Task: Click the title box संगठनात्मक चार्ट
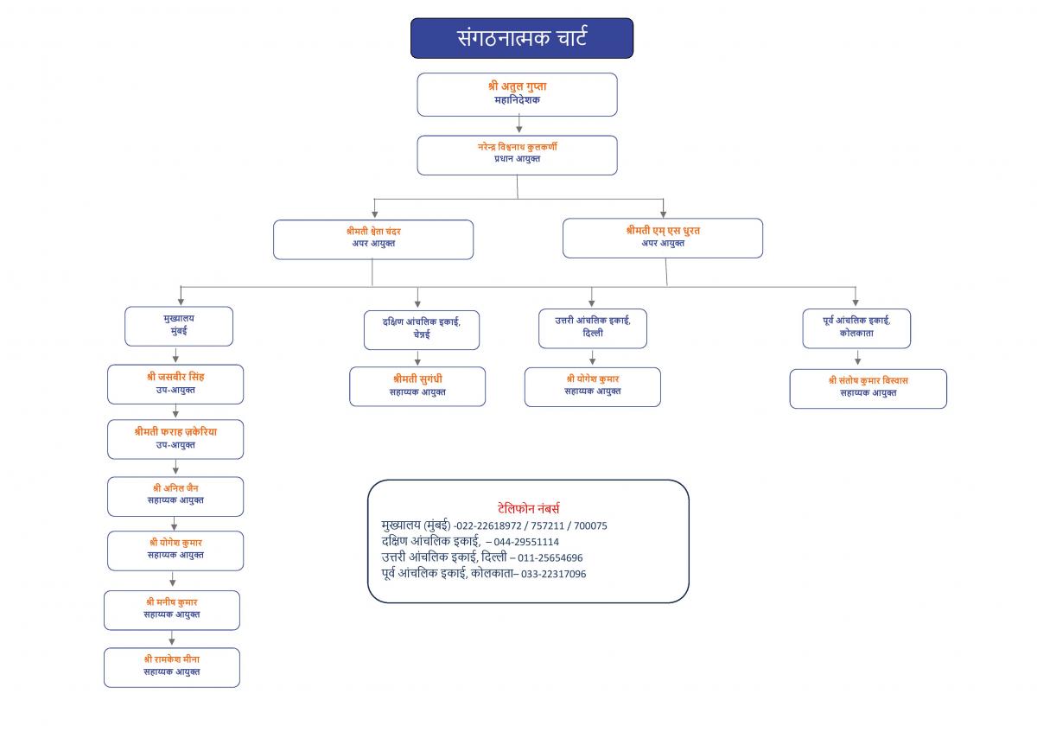[522, 38]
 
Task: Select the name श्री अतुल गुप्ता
[517, 86]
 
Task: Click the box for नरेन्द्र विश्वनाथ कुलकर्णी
[517, 155]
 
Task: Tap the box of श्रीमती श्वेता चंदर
[373, 239]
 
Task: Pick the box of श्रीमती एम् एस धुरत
[663, 238]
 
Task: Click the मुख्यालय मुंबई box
[179, 326]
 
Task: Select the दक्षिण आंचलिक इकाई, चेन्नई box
[422, 329]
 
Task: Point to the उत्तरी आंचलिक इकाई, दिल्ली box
[593, 328]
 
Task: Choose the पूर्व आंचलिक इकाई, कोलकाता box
[856, 328]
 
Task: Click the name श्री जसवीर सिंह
[175, 377]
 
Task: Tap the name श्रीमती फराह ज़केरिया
[175, 432]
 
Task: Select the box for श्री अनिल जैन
[175, 496]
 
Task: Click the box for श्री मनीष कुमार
[172, 610]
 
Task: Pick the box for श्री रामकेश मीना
[172, 668]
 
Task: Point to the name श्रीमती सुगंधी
[417, 379]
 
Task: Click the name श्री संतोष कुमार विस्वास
[868, 380]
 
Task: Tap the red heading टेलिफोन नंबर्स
[528, 508]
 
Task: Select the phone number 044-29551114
[526, 542]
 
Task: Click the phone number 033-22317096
[553, 574]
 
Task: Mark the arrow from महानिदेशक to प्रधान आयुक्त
[519, 124]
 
